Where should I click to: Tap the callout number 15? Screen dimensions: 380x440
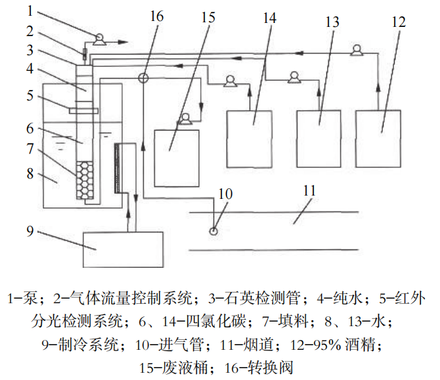coord(207,17)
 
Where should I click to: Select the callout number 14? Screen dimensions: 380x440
coord(269,18)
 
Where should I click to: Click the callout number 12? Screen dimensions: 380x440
coord(399,21)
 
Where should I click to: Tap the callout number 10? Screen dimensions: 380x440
coord(225,194)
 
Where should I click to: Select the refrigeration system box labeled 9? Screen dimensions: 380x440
coord(122,249)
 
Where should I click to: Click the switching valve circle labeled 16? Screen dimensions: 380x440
coord(143,77)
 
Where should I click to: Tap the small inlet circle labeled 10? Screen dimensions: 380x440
coord(214,230)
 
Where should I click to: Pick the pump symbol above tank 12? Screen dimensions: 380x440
coord(357,49)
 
